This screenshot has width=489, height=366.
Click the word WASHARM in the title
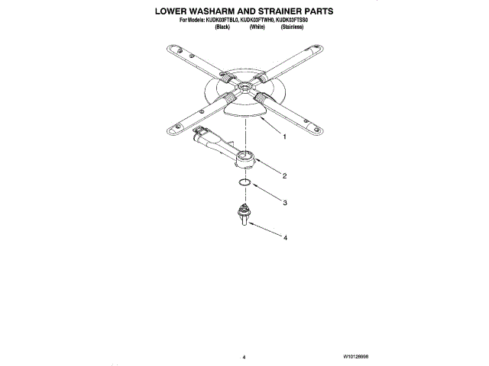[209, 13]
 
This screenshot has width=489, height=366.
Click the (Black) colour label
[222, 27]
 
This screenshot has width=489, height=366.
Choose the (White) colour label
[257, 27]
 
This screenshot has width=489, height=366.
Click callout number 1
[284, 138]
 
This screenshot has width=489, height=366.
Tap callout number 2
[284, 176]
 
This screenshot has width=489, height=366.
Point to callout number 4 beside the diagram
[284, 238]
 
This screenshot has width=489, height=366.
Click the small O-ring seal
[243, 183]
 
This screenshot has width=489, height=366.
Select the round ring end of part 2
[244, 159]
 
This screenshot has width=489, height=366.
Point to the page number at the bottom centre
[244, 356]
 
